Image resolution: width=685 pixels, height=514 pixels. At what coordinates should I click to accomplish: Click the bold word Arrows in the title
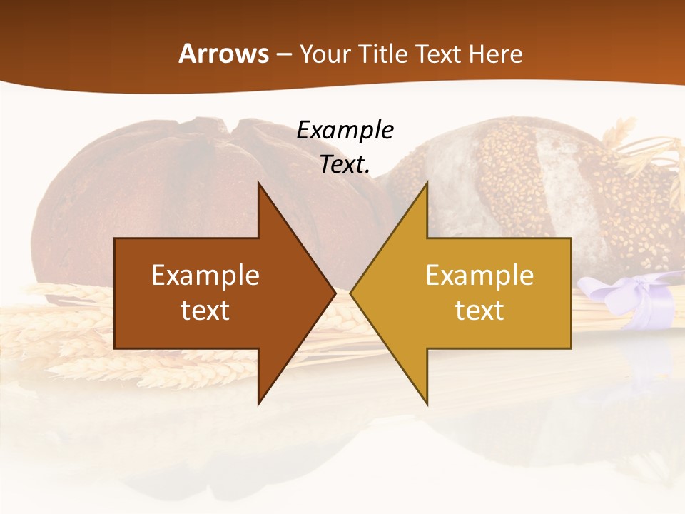click(x=223, y=54)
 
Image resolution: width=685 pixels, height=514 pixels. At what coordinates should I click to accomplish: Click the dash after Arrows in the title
click(x=283, y=54)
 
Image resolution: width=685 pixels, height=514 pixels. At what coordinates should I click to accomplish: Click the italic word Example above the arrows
click(x=345, y=130)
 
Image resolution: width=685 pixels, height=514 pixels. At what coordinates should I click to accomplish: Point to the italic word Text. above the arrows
click(x=345, y=165)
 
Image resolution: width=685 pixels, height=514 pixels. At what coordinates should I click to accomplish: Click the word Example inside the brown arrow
click(x=205, y=276)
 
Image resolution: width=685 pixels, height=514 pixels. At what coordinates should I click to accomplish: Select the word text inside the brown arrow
click(x=205, y=311)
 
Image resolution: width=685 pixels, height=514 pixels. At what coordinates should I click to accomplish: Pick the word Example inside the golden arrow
click(x=479, y=276)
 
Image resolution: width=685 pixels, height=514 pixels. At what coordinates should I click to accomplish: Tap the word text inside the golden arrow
click(x=479, y=311)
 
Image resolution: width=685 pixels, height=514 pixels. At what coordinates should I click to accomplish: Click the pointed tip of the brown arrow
click(x=334, y=293)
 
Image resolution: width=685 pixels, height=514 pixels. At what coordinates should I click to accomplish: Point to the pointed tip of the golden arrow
click(x=352, y=293)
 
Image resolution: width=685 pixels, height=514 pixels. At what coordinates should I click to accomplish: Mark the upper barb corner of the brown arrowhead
click(x=259, y=183)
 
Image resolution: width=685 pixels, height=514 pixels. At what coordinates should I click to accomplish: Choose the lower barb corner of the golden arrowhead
click(x=427, y=403)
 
